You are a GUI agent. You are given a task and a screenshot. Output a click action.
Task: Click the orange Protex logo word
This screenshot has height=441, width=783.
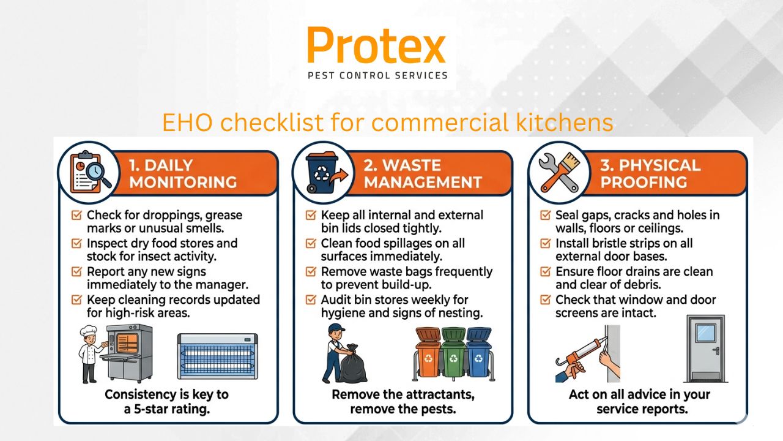coord(376,46)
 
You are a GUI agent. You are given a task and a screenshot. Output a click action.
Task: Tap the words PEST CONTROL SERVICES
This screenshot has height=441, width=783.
coord(377,76)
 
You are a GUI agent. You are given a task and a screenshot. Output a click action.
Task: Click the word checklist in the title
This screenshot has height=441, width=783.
coord(272,123)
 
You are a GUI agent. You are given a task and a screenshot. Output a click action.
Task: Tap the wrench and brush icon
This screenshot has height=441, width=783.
coord(558,172)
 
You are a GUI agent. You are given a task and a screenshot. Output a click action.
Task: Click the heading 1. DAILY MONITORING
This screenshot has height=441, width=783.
coord(183,173)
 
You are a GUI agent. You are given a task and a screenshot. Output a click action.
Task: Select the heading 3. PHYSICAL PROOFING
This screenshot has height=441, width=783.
coord(650,173)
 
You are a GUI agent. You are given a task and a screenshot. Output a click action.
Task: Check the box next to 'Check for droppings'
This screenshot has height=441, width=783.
coord(76,216)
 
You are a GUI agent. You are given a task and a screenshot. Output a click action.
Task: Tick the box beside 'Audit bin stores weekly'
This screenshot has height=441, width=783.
coord(311,300)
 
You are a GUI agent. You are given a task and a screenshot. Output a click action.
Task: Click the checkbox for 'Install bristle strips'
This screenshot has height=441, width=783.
coord(546,244)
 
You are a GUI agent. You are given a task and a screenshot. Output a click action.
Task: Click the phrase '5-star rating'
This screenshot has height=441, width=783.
coord(174,409)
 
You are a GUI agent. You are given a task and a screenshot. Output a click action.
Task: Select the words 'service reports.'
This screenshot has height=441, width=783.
coord(642,409)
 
